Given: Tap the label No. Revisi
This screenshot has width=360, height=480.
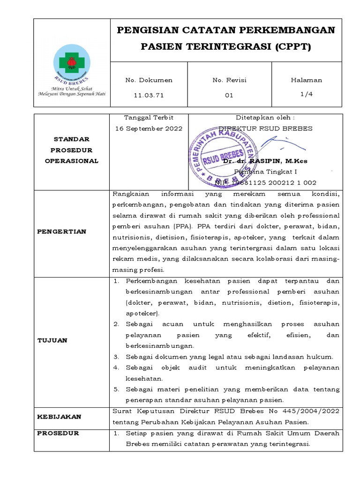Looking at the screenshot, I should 229,80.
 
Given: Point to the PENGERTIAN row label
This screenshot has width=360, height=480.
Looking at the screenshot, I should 62,232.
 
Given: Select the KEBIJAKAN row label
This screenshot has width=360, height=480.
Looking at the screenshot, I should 59,416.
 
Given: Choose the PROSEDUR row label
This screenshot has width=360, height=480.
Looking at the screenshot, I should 58,433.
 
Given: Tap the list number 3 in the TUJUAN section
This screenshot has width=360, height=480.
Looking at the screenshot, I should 116,357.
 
